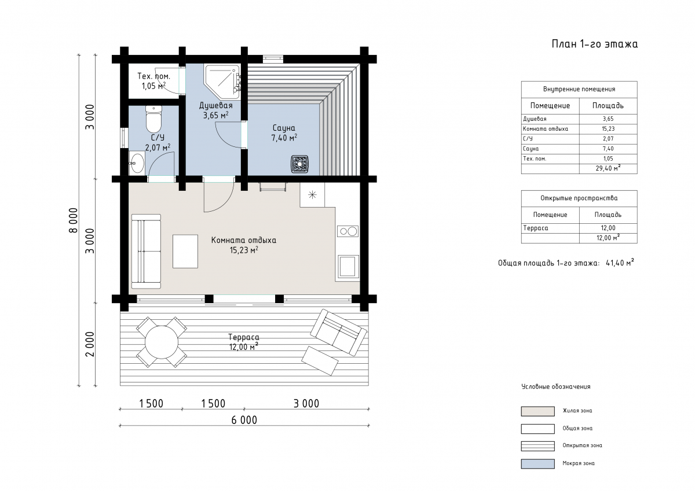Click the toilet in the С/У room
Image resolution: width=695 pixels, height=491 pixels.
pos(153,119)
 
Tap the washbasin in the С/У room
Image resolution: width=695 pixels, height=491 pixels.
pos(137,163)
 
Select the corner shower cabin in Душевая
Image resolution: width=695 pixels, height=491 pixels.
pos(222,82)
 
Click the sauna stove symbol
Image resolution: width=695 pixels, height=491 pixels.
pos(300,164)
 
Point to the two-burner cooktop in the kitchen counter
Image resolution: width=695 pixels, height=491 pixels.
pos(348,231)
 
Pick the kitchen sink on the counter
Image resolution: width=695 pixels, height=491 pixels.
pos(348,266)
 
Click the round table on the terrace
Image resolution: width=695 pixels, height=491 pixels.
pos(162,342)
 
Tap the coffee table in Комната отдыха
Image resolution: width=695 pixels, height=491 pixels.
pos(185,251)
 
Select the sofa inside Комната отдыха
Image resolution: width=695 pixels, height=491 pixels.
pos(146,251)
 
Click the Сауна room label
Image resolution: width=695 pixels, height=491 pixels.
pos(284,128)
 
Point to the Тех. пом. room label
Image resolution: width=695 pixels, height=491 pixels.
pos(154,76)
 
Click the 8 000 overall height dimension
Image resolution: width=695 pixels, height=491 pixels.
pos(74,220)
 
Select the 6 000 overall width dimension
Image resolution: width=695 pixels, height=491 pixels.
pos(244,420)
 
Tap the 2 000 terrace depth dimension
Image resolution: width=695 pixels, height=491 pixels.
pos(90,344)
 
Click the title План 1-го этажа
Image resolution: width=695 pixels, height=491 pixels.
pos(594,45)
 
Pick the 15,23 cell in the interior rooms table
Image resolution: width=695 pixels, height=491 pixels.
pos(608,129)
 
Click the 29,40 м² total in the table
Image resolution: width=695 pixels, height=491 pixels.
pos(608,168)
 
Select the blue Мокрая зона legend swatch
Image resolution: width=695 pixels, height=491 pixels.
pos(537,464)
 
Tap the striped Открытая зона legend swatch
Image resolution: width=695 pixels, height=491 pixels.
pos(537,446)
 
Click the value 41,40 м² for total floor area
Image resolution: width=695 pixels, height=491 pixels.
pos(620,263)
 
